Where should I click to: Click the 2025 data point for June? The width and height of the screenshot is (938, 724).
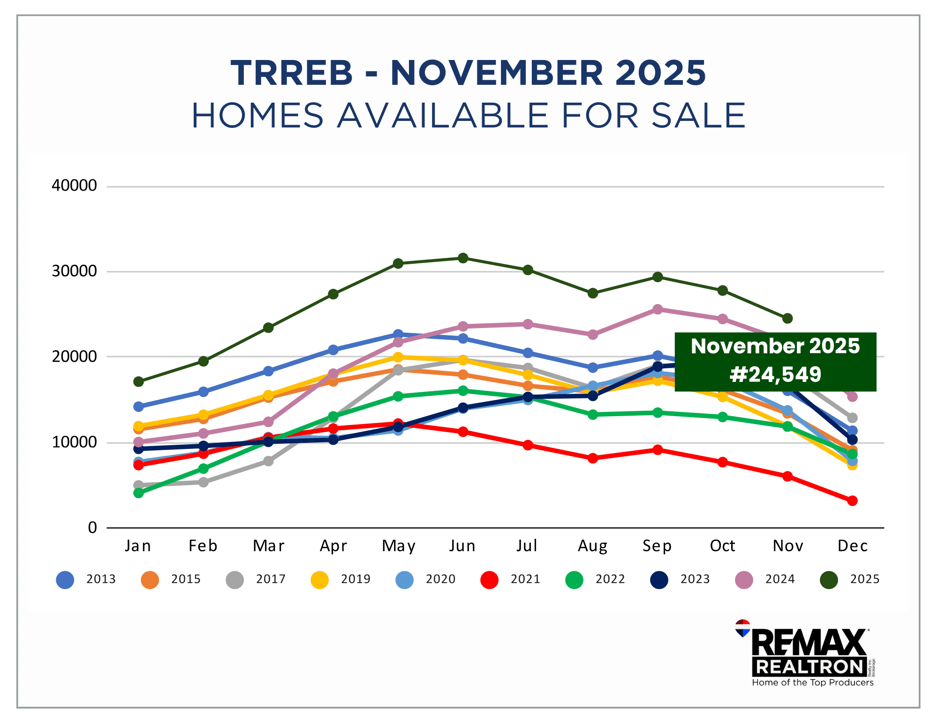point(463,258)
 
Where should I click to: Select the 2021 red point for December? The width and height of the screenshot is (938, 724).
point(852,501)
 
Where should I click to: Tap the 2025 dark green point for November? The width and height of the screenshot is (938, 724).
point(787,319)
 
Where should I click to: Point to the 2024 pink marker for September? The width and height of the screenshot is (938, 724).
point(658,309)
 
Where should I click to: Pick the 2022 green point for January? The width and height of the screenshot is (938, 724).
point(138,493)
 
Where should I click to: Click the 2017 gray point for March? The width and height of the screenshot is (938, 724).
point(268,461)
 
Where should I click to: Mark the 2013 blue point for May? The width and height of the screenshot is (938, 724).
point(398,334)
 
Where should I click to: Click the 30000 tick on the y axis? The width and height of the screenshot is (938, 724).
point(74,271)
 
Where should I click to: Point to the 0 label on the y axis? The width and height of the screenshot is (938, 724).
point(92,528)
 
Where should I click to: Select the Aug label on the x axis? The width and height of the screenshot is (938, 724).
point(592,546)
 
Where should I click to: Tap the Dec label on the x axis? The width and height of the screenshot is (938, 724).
point(852,546)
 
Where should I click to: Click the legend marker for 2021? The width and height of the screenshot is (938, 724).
point(489,580)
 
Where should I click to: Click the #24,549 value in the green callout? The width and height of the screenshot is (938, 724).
point(775,374)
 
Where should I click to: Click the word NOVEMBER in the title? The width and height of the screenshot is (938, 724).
point(497,74)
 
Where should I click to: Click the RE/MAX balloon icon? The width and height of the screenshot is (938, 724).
point(742,628)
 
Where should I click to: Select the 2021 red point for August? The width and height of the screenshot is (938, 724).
point(592,458)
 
